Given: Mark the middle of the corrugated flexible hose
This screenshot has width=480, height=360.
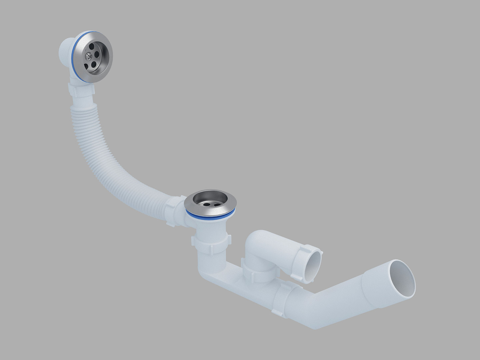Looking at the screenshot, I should click(107, 157).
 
